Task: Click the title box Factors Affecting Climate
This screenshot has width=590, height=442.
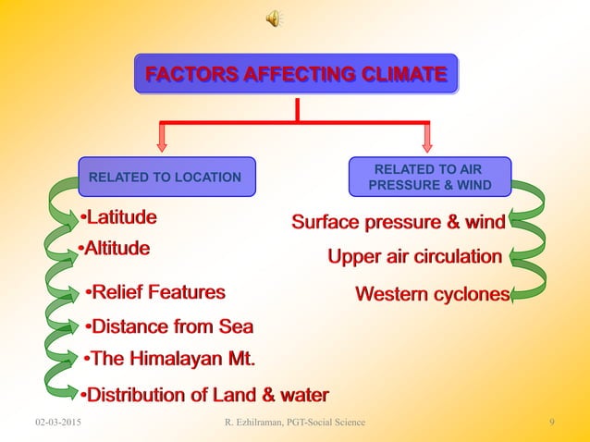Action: tap(296, 74)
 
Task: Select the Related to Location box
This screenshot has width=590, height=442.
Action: tap(166, 177)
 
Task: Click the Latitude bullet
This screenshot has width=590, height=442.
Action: tap(117, 218)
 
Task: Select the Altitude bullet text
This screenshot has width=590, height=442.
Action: tap(114, 249)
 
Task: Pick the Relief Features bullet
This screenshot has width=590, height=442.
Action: tap(154, 294)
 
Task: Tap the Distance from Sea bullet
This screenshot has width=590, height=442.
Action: tap(168, 327)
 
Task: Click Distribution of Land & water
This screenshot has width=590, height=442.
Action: tap(203, 396)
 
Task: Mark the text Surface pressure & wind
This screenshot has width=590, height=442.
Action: tap(399, 222)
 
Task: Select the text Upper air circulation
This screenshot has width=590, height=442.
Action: tap(415, 255)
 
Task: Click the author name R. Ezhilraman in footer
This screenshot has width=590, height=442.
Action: tap(294, 423)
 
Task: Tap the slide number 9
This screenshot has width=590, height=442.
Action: tap(551, 423)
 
